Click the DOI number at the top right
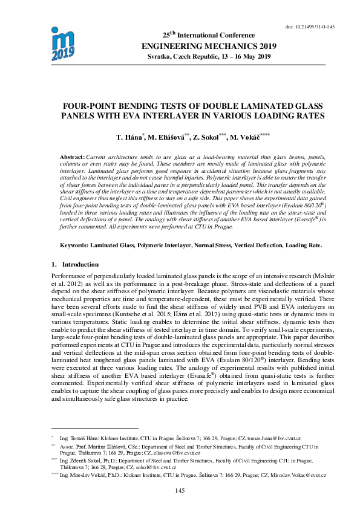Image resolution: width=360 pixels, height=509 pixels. [x=309, y=27]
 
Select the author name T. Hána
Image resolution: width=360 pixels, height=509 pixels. [x=128, y=138]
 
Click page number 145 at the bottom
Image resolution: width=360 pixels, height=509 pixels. [x=180, y=490]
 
